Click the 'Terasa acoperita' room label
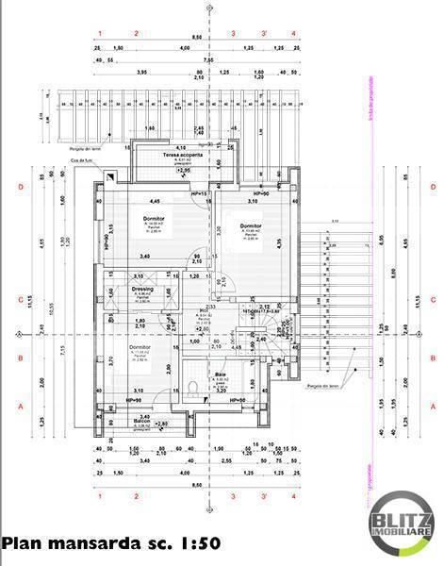pyautogui.click(x=180, y=154)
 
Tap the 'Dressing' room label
pyautogui.click(x=142, y=289)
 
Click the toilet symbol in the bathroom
pyautogui.click(x=191, y=386)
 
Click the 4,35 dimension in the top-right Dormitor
pyautogui.click(x=280, y=242)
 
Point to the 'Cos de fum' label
pyautogui.click(x=82, y=160)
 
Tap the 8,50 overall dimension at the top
pyautogui.click(x=196, y=37)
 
